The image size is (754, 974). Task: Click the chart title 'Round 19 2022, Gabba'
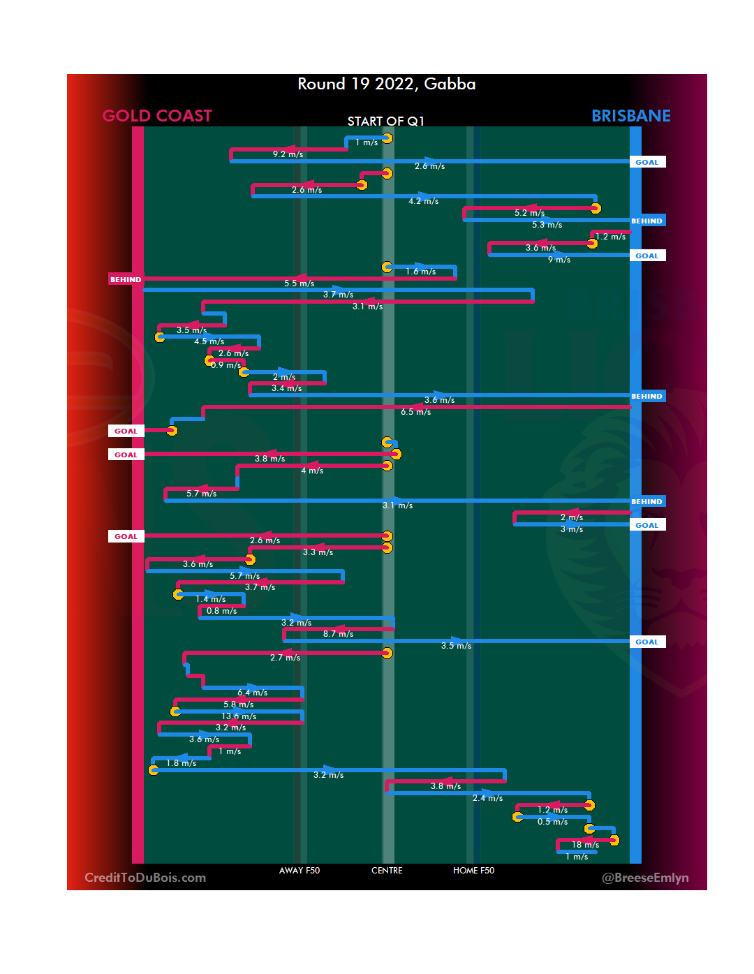point(386,84)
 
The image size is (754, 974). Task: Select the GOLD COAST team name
point(157,116)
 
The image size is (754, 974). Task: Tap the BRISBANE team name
point(630,116)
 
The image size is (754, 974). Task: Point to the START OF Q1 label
point(385,121)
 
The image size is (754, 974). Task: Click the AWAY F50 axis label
point(299,871)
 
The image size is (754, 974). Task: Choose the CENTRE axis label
point(387,871)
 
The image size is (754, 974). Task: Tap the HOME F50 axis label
point(473,871)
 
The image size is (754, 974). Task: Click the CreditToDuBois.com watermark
point(145,878)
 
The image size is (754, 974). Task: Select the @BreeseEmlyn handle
point(645,878)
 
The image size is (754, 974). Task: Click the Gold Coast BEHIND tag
point(126,279)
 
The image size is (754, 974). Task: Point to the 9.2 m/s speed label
point(288,154)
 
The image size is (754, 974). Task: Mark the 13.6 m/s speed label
point(239,716)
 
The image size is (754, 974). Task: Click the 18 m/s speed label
point(585,845)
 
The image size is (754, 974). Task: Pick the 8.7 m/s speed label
point(338,634)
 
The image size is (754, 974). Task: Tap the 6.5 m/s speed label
point(415,412)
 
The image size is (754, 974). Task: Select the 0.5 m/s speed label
point(552,822)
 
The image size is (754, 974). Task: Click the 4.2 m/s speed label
point(423,201)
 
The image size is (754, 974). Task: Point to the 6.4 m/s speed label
point(252,693)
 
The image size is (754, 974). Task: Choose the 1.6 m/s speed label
point(420,272)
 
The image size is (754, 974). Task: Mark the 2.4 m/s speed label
point(487,798)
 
